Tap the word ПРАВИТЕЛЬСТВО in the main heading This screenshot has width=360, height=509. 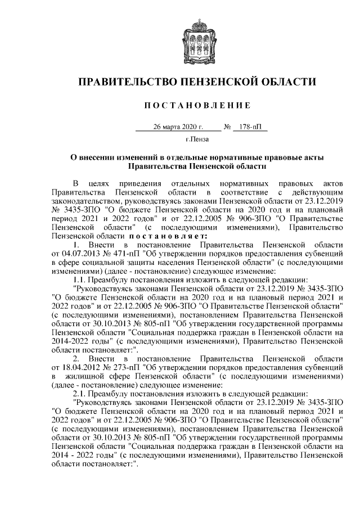pos(125,82)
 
